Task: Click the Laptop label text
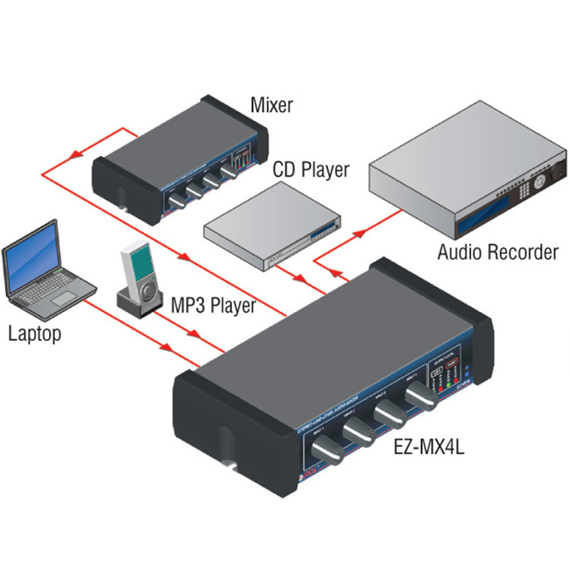[34, 333]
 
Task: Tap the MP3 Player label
[214, 306]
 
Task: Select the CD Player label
[311, 169]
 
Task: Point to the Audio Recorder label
[498, 251]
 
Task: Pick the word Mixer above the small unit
[272, 105]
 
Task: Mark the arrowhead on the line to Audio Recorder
[359, 232]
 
